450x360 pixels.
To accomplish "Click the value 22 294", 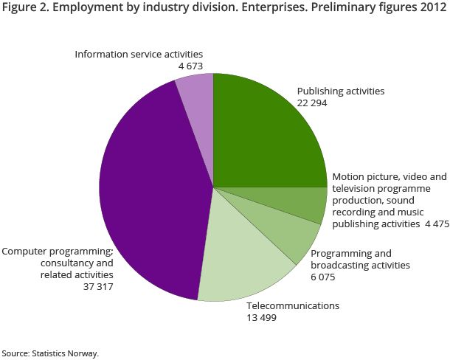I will point(312,103).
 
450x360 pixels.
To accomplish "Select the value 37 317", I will point(98,286).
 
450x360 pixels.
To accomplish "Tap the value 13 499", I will point(262,317).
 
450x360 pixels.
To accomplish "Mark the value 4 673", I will point(190,66).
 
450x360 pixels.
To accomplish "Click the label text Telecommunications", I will point(293,305).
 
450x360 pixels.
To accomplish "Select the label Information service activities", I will point(138,54).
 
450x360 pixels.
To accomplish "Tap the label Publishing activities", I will point(341,91).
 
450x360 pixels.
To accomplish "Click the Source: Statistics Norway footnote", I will point(50,353).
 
